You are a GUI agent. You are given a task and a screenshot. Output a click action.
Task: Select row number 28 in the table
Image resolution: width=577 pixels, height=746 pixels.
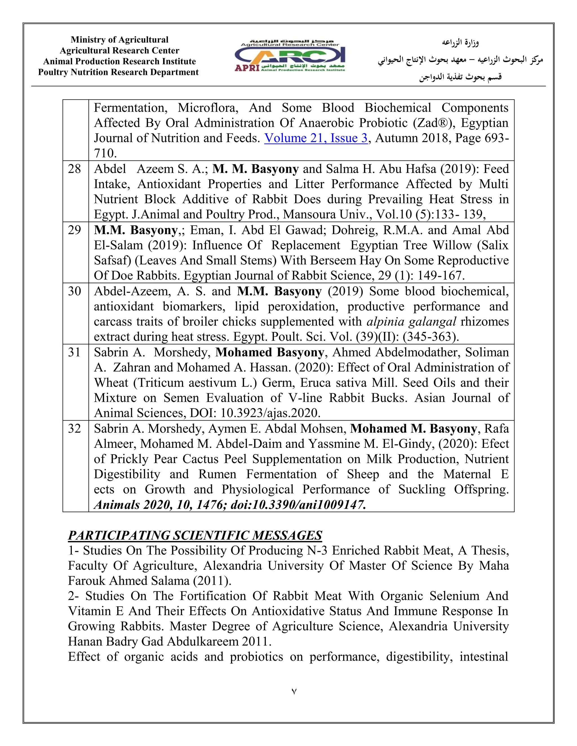[74, 169]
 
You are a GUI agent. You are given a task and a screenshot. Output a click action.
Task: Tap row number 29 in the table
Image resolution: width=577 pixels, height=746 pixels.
[74, 230]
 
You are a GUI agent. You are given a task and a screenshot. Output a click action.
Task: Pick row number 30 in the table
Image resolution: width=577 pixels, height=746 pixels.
[74, 291]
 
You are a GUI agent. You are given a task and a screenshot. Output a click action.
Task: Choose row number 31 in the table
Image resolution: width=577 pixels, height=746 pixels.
[74, 352]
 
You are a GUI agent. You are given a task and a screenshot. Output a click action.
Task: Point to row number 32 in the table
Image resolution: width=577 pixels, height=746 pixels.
[74, 428]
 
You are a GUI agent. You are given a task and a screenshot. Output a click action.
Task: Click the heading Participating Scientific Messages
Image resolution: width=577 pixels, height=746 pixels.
[195, 535]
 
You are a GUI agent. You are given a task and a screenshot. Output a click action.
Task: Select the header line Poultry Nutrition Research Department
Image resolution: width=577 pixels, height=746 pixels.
[118, 72]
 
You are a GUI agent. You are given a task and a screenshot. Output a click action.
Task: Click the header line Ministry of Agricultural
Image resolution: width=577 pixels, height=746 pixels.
[119, 40]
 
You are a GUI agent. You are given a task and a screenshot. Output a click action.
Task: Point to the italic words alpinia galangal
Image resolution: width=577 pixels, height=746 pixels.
[411, 322]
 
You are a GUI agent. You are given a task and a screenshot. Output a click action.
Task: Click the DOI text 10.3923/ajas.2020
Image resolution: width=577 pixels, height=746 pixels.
[270, 413]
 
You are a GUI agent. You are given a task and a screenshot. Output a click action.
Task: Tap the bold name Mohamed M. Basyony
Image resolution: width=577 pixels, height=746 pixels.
[413, 429]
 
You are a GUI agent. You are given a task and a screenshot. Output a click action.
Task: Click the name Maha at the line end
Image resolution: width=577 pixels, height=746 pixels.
[494, 566]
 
